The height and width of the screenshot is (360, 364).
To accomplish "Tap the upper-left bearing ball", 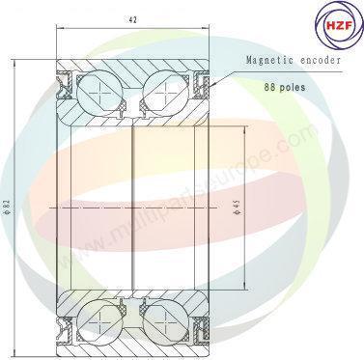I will click(99, 97).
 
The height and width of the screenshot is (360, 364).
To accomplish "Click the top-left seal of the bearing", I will click(68, 91).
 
